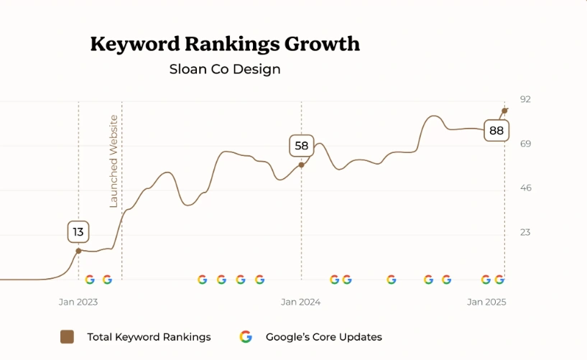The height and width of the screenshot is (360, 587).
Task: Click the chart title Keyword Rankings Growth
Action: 225,44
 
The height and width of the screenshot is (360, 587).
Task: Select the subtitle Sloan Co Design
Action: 225,70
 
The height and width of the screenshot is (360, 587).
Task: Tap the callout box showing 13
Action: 78,232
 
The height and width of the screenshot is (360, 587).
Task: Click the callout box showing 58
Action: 301,146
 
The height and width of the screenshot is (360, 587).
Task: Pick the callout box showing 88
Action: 496,131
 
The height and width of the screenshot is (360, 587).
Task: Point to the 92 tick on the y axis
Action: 525,99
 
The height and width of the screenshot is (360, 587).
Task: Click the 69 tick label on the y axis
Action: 525,144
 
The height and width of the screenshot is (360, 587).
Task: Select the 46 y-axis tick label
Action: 525,188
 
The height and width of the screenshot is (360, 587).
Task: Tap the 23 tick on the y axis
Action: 525,232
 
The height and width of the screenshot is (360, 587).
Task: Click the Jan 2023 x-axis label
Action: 78,303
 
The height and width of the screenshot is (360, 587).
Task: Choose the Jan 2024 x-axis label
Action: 301,303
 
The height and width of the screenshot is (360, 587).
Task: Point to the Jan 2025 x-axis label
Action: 486,303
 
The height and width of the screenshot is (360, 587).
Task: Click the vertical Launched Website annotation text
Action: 114,161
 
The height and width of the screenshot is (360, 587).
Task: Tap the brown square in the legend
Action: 67,337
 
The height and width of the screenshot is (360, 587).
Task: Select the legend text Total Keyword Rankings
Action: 149,337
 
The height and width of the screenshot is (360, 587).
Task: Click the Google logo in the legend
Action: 246,337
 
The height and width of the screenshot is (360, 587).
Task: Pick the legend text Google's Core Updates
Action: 323,337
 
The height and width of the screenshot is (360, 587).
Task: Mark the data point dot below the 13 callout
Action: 78,251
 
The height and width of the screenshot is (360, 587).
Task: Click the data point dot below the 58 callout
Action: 301,165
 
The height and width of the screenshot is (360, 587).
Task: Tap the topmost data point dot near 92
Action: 504,111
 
